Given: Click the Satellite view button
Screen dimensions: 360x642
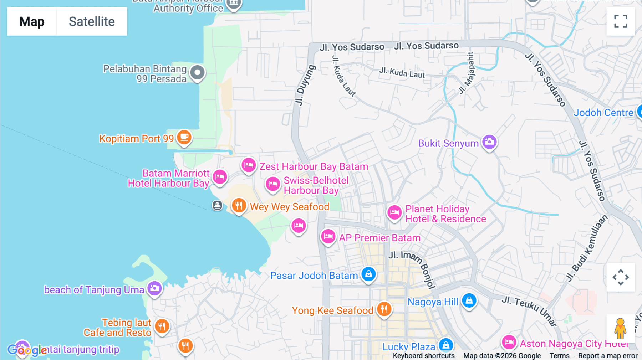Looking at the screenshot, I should pos(92,21).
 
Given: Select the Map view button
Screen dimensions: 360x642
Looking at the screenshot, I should pos(32,21).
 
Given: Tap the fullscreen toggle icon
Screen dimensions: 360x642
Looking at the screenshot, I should pos(621,21).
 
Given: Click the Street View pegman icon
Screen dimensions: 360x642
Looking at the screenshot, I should pos(620,328).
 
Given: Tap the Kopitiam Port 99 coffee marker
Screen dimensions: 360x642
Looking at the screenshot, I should pos(184,137).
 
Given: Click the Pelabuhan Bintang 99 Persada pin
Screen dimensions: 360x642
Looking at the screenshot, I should pos(197,73).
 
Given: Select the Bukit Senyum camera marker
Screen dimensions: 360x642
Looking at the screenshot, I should pos(489,142).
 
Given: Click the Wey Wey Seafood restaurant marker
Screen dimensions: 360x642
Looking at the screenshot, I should pos(239,206).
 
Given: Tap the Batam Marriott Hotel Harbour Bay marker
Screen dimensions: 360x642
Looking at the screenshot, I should pos(220,176).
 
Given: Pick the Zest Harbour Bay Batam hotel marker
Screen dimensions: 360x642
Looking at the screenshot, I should pos(248,165).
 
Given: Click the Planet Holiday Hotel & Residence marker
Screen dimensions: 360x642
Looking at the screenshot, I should pos(394,213).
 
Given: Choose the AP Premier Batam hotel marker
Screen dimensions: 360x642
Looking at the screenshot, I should pos(328,236).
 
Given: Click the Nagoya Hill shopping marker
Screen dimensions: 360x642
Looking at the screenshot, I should pos(469,301).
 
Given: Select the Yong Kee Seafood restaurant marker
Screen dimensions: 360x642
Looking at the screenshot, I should pos(384,309).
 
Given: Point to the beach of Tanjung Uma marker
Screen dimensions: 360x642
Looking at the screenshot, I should pos(154,288).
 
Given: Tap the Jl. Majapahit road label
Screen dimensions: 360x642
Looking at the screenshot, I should pos(467,73).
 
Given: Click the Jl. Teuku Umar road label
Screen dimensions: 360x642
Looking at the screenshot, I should pos(529,310).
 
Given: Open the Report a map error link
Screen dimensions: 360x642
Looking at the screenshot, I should pos(608,356).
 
